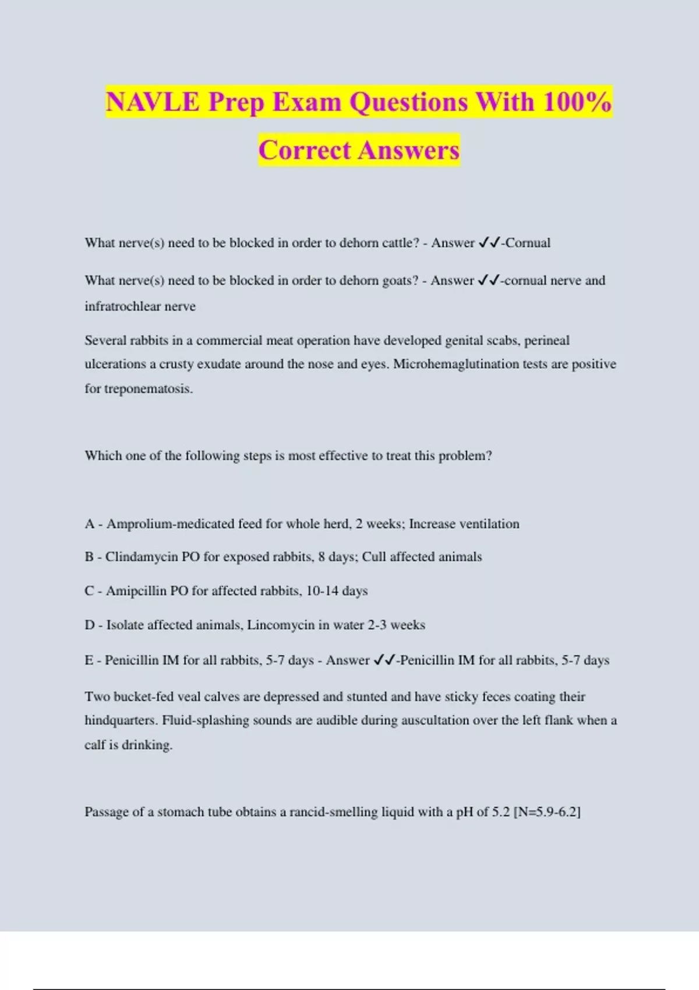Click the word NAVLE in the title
pos(153,102)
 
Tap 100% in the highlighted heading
pos(577,102)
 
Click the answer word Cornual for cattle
pos(528,243)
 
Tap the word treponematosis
pos(149,388)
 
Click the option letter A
pos(89,524)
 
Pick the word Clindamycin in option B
pos(142,557)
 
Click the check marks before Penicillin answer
pos(384,660)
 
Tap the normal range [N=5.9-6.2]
pos(547,812)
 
